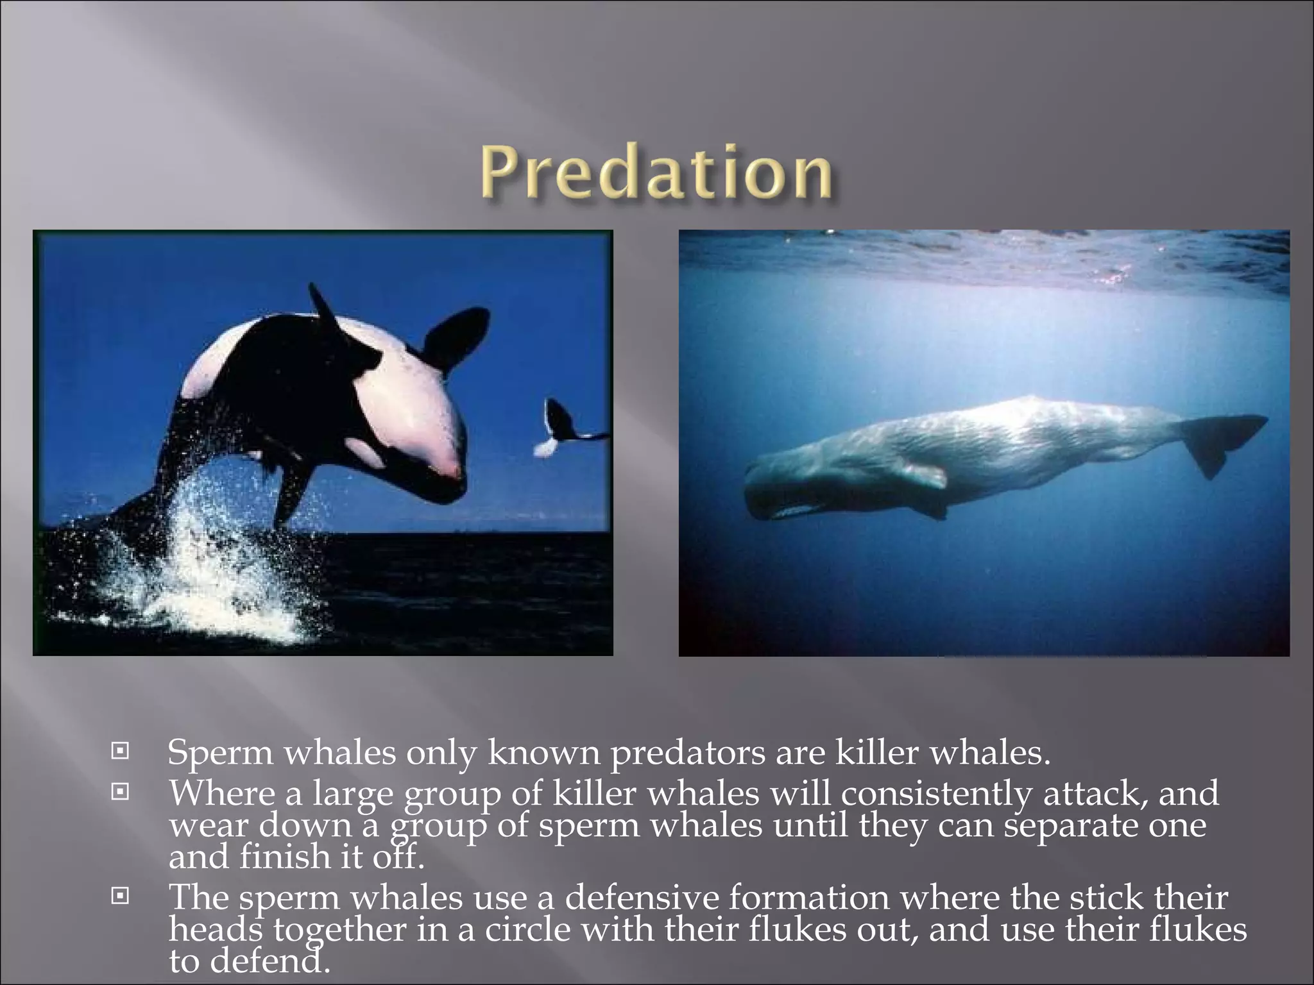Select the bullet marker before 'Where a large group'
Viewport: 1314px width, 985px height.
[119, 795]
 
